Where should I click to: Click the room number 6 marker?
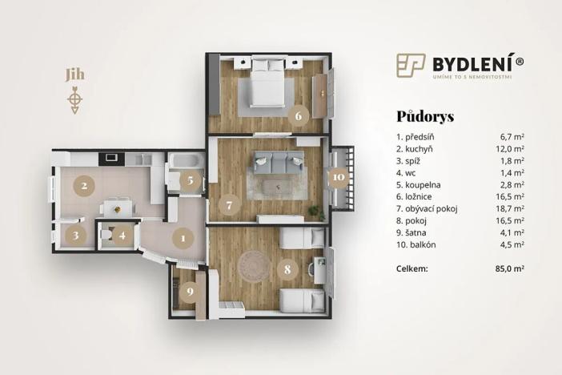(298, 115)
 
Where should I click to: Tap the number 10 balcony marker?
(339, 177)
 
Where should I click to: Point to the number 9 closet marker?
(189, 290)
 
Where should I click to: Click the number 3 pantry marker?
(75, 236)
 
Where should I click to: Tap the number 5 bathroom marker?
(189, 180)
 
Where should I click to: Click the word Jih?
(74, 76)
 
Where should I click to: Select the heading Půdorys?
(424, 116)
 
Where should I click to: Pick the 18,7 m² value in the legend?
(510, 207)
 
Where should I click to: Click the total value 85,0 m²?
(508, 270)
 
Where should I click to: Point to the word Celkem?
(414, 270)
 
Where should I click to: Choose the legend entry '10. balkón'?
(417, 244)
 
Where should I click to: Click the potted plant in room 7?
(313, 213)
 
